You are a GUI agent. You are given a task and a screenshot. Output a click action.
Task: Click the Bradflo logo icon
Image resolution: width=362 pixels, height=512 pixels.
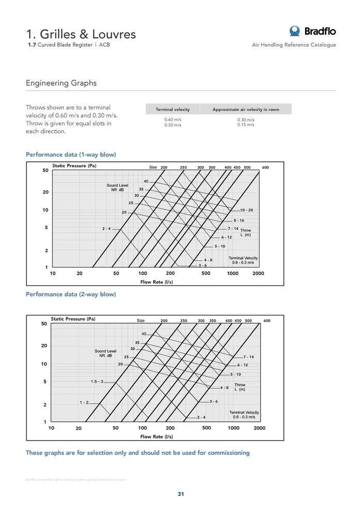(x=295, y=31)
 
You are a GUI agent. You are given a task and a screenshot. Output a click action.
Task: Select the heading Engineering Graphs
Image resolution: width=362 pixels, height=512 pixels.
(x=61, y=83)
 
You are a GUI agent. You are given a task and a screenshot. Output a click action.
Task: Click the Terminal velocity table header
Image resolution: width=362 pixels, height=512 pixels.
(x=173, y=110)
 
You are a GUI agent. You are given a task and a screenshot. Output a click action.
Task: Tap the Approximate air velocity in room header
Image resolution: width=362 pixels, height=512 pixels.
(x=246, y=110)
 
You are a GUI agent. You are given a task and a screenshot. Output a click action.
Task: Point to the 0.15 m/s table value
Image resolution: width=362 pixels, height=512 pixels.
(x=246, y=125)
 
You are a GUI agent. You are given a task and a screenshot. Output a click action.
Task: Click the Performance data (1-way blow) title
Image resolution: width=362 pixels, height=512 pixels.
(x=71, y=155)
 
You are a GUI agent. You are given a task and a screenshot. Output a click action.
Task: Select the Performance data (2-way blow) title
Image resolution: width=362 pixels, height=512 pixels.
(x=71, y=294)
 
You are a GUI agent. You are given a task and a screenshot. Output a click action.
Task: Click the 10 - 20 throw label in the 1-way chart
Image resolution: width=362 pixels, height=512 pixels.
(x=247, y=210)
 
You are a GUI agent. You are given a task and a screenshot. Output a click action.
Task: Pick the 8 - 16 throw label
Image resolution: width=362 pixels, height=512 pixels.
(x=239, y=220)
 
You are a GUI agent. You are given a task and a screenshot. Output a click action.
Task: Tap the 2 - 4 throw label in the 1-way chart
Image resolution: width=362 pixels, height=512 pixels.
(x=106, y=228)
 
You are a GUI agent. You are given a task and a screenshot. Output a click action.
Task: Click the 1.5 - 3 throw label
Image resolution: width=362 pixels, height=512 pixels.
(x=97, y=382)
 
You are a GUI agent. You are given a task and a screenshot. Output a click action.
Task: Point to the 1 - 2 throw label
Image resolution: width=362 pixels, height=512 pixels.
(x=84, y=402)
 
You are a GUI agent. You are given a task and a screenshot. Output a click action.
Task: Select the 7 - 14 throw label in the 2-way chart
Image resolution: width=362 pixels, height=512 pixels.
(x=249, y=357)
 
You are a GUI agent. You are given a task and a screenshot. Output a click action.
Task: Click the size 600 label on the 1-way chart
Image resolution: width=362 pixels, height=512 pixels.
(x=265, y=168)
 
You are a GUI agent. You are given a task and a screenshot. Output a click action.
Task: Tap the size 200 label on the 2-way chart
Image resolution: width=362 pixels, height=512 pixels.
(x=164, y=321)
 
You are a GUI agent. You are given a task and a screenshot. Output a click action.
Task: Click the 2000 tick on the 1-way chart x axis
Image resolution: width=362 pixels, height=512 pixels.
(x=259, y=274)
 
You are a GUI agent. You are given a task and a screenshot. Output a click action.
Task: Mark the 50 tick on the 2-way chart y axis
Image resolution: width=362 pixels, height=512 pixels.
(x=44, y=324)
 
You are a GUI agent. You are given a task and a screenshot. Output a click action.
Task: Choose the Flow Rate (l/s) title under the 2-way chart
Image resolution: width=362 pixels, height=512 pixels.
(x=157, y=437)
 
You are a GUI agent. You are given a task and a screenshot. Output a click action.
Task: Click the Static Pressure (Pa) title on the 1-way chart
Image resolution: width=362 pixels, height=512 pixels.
(x=74, y=166)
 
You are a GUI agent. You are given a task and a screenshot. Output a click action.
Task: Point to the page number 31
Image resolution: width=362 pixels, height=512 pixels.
(x=181, y=494)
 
